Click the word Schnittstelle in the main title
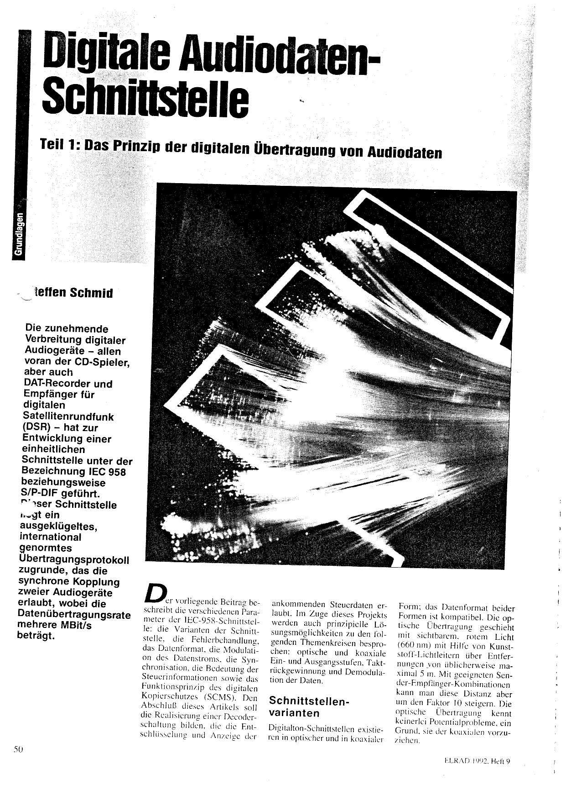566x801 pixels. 146,97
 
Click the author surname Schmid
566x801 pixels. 92,293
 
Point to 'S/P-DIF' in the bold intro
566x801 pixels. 39,494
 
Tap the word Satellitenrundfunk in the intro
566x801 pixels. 68,417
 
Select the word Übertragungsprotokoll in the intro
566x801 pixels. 74,560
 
